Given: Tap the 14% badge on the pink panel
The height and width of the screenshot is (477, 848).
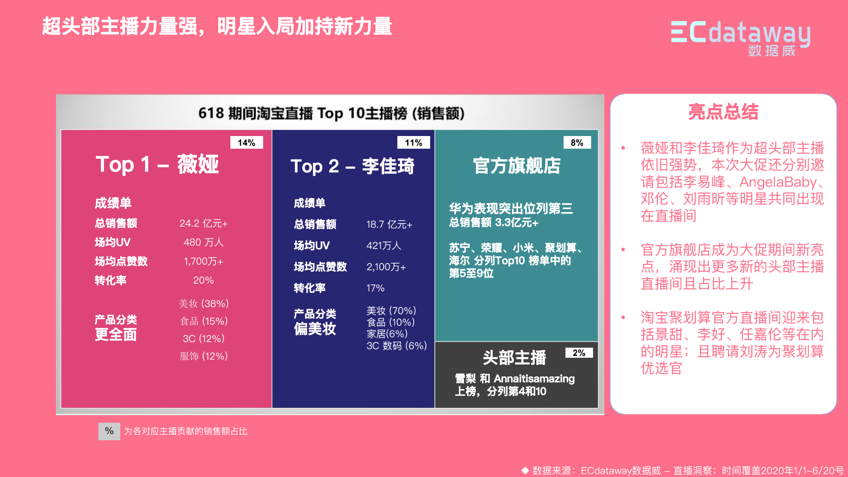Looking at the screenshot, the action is click(246, 142).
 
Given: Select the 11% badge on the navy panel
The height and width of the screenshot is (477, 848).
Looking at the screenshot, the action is click(413, 142).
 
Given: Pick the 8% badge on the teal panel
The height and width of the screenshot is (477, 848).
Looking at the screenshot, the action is click(577, 142).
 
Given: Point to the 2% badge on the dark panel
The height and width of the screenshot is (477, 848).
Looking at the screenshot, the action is click(579, 353).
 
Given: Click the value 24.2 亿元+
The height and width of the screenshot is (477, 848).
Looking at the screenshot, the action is click(204, 223).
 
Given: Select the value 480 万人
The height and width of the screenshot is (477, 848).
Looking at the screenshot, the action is click(204, 242).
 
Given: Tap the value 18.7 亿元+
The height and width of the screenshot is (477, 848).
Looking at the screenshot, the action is click(389, 224).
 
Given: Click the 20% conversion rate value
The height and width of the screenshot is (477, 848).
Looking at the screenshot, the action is click(204, 280).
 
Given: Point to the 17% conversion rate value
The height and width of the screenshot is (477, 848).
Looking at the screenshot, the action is click(375, 288).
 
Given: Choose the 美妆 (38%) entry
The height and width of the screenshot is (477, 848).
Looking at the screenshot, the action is click(204, 304).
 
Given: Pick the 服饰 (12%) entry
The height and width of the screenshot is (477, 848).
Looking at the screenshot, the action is click(204, 356).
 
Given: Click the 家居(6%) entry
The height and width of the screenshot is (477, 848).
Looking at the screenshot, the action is click(387, 334).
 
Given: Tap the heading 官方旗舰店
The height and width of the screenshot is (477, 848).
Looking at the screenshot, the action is click(517, 166).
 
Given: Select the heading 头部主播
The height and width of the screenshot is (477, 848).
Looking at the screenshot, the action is click(514, 358).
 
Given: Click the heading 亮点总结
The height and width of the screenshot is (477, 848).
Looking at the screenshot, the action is click(723, 112).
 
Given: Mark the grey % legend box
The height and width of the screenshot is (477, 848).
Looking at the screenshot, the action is click(109, 431).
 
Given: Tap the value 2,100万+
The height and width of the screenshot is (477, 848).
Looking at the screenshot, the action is click(386, 267).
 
